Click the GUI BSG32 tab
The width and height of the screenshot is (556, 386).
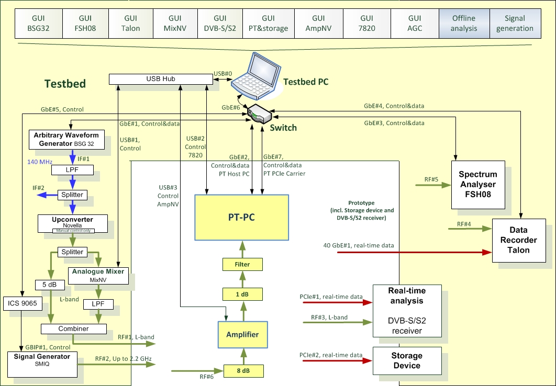click(39, 24)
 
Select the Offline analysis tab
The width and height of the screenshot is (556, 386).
click(464, 24)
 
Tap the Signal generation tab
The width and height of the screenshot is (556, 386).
click(515, 24)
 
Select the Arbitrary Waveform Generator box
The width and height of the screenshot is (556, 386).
click(66, 139)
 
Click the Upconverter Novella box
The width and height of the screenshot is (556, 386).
click(73, 223)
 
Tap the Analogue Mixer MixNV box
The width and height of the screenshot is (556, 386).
click(98, 276)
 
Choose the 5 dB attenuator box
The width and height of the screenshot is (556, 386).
click(50, 286)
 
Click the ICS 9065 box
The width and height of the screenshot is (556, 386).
click(22, 303)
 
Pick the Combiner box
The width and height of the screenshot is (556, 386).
click(73, 329)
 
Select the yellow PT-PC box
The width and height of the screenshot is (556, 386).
click(241, 218)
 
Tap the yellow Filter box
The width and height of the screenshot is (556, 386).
click(242, 265)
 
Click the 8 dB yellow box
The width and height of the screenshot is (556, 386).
click(243, 371)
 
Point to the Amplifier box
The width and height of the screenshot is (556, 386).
click(242, 334)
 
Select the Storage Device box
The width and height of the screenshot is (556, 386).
click(406, 361)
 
